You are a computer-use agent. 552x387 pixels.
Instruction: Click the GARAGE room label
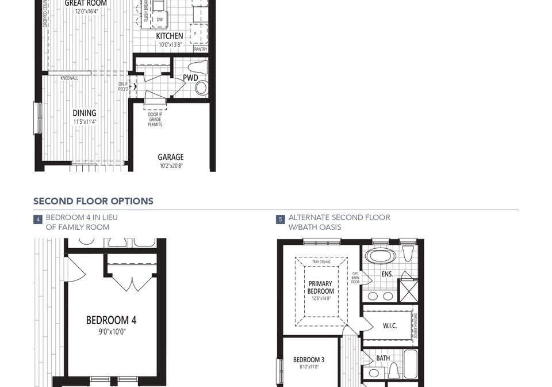[171, 157]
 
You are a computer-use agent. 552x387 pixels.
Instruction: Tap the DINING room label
[85, 113]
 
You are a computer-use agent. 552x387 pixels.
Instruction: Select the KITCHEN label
[170, 36]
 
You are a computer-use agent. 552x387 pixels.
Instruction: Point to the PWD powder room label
[190, 78]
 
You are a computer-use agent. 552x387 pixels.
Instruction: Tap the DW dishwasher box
[159, 20]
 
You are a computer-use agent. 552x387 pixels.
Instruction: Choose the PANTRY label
[200, 50]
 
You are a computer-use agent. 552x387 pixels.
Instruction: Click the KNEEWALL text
[69, 78]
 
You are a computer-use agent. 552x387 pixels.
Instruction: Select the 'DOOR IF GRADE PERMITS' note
[155, 119]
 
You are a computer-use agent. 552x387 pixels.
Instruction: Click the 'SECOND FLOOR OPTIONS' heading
[93, 202]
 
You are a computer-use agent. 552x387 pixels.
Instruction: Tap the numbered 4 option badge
[38, 219]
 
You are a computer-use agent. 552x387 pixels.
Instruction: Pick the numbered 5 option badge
[281, 219]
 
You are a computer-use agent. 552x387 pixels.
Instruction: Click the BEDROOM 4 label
[112, 320]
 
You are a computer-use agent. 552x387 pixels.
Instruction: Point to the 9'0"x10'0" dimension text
[112, 332]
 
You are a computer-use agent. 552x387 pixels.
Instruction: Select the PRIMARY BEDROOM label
[320, 287]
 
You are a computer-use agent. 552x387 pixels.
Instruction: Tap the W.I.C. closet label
[390, 326]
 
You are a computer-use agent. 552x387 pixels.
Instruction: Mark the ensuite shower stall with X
[409, 290]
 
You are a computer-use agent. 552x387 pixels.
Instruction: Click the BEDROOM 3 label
[309, 360]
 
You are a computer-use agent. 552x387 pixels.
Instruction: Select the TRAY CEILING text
[321, 262]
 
